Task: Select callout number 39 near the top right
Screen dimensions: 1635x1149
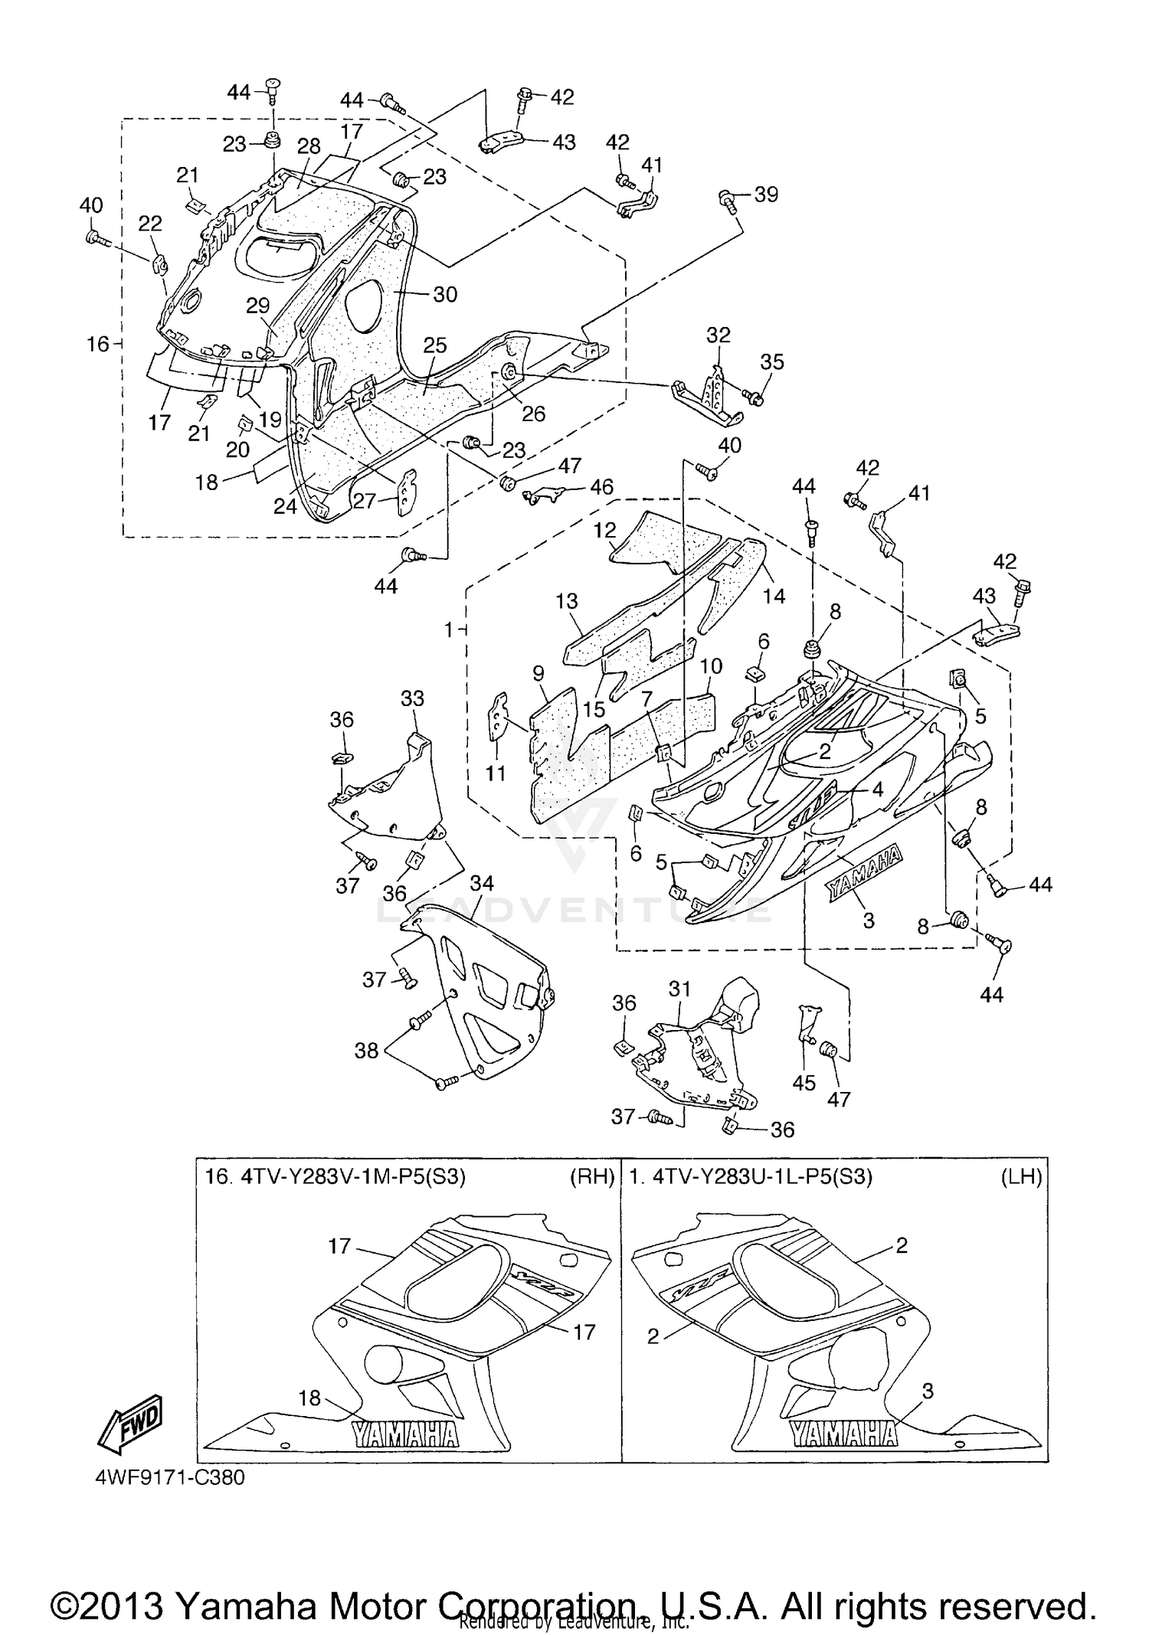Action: coord(765,195)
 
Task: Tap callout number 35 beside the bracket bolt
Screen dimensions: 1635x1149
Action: coord(772,362)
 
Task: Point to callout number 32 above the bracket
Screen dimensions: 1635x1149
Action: coord(718,335)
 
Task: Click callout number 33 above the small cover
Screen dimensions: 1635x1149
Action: coord(412,698)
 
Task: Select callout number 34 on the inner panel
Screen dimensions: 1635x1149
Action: coord(481,884)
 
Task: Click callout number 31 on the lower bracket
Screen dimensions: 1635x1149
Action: coord(679,989)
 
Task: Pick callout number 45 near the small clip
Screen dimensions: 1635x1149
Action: coord(804,1082)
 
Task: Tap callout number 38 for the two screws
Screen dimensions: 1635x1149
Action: coord(366,1051)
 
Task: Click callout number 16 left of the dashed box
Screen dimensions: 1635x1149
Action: coord(97,345)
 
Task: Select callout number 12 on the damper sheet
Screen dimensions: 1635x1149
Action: coord(604,530)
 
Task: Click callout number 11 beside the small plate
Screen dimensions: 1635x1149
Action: coord(496,773)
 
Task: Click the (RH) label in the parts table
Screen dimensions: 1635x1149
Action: coord(592,1177)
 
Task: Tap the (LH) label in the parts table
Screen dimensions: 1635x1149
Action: coord(1021,1177)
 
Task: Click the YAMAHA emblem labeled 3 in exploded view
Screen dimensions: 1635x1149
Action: coord(863,873)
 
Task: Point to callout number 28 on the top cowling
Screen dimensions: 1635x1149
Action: coord(309,146)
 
